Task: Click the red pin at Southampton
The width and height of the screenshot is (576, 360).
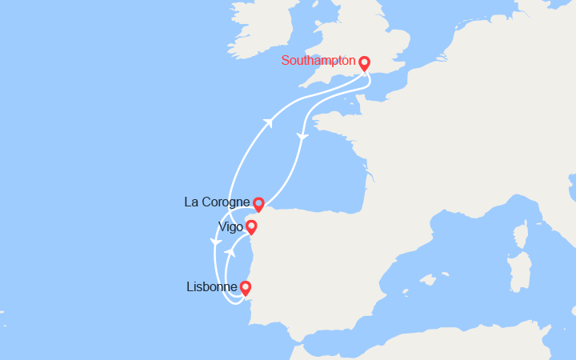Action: pyautogui.click(x=364, y=63)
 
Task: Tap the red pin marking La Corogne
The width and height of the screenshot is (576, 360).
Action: pyautogui.click(x=258, y=205)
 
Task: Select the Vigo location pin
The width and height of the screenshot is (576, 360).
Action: pyautogui.click(x=251, y=227)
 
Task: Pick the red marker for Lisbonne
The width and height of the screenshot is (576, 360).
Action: pyautogui.click(x=245, y=288)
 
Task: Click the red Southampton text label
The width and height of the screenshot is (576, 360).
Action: pyautogui.click(x=318, y=61)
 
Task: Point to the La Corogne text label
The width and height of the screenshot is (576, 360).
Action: pyautogui.click(x=217, y=202)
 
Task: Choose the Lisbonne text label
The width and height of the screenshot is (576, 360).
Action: pyautogui.click(x=210, y=286)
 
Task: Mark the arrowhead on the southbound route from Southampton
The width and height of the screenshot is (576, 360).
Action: pyautogui.click(x=302, y=138)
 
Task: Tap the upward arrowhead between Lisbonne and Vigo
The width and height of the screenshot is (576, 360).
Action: pyautogui.click(x=229, y=252)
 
